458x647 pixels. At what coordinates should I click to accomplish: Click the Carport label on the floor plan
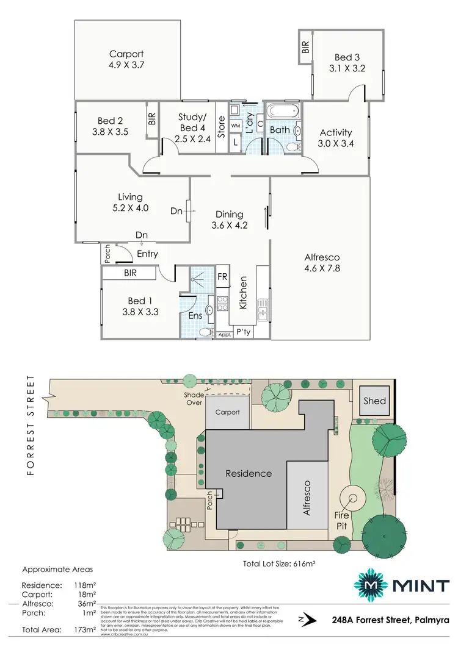pos(126,54)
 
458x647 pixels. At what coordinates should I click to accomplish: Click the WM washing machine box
pos(236,124)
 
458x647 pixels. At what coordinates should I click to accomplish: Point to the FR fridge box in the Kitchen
pos(223,276)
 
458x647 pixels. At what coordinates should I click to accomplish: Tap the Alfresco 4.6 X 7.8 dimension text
pos(322,267)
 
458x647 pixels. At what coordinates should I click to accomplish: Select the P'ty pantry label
pos(244,332)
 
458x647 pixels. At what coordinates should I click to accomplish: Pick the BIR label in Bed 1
pos(130,274)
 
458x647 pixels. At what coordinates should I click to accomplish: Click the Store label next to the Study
pos(222,128)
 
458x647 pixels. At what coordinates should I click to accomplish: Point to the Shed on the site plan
pos(374,401)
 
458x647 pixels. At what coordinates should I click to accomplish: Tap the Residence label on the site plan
pos(249,473)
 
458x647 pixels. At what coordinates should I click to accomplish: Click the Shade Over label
pos(194,398)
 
